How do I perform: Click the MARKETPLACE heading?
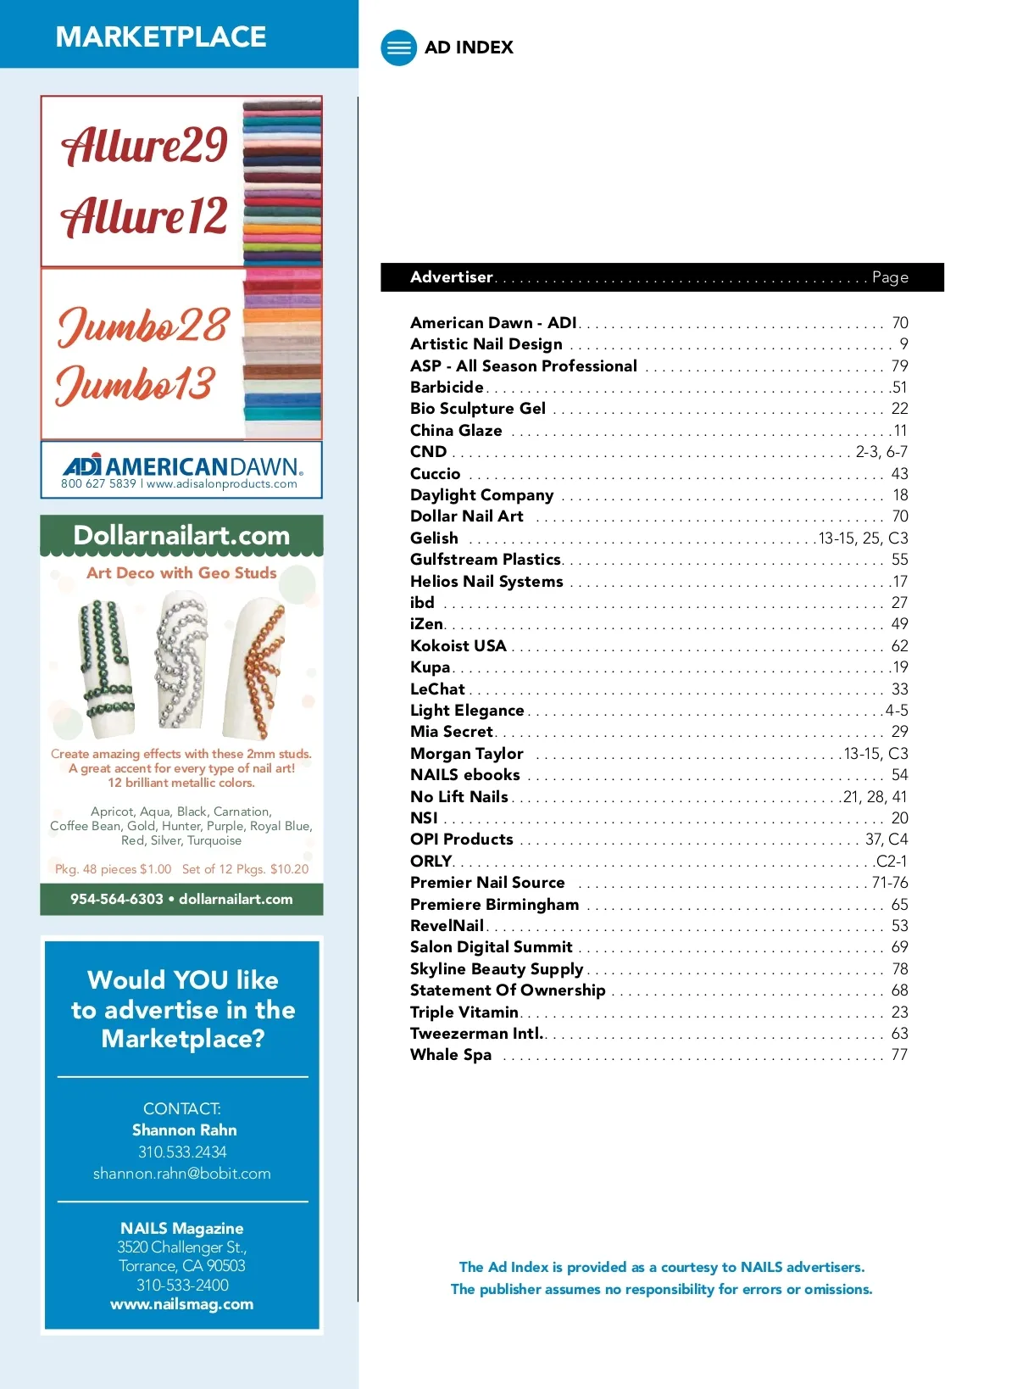[161, 36]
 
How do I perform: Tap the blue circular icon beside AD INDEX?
[398, 47]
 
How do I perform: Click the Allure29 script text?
[144, 145]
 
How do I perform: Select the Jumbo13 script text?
[136, 384]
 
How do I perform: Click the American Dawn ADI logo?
[181, 466]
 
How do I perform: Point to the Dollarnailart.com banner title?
[181, 535]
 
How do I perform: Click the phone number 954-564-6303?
[117, 899]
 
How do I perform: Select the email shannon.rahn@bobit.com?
[182, 1174]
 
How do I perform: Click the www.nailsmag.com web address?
[182, 1304]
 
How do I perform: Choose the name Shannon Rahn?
[184, 1130]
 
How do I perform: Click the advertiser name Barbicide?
[447, 388]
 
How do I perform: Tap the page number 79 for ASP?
[899, 366]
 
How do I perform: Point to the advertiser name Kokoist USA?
[458, 646]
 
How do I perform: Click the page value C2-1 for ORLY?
[892, 861]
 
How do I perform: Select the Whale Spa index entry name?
[451, 1055]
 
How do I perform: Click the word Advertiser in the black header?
[452, 277]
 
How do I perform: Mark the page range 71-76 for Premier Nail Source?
[890, 883]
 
